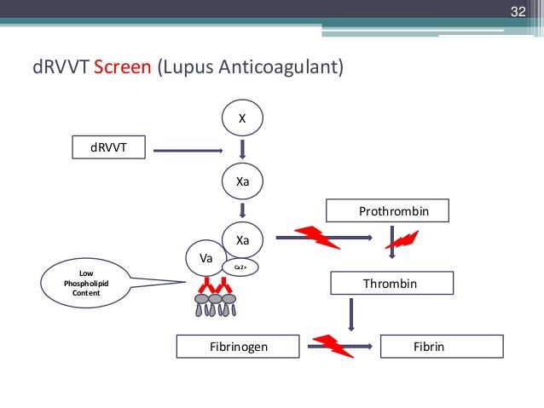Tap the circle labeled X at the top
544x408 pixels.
pyautogui.click(x=242, y=120)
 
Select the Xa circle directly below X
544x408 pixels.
pyautogui.click(x=242, y=181)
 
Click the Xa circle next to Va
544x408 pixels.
pyautogui.click(x=242, y=241)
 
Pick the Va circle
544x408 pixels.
pyautogui.click(x=205, y=257)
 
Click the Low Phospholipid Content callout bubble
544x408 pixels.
pyautogui.click(x=85, y=284)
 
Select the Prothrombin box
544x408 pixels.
pyautogui.click(x=388, y=210)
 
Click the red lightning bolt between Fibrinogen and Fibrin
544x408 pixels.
pyautogui.click(x=332, y=346)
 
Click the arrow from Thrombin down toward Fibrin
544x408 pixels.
pyautogui.click(x=350, y=315)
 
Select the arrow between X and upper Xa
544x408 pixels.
pyautogui.click(x=242, y=151)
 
